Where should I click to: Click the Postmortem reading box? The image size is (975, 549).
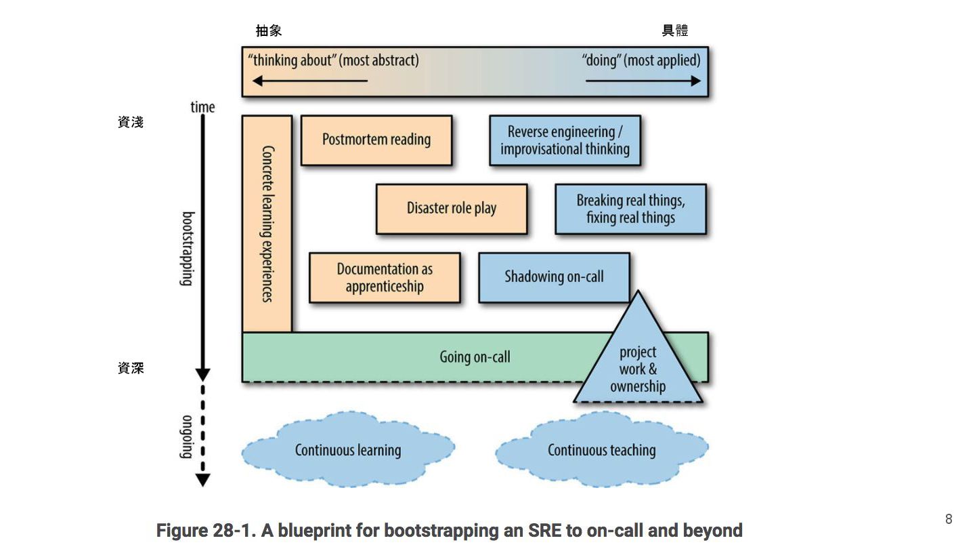(x=376, y=140)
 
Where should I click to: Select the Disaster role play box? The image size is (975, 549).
(x=452, y=209)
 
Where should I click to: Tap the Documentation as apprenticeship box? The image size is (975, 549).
(x=385, y=277)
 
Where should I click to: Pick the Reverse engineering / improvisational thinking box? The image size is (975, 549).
(x=565, y=140)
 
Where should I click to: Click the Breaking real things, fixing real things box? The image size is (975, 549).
(x=630, y=209)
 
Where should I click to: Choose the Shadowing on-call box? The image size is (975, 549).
(x=554, y=277)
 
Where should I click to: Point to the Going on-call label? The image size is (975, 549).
(x=475, y=357)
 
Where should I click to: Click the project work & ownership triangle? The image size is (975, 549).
(x=638, y=369)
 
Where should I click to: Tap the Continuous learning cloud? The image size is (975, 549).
(x=348, y=450)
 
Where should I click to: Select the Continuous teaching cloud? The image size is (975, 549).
(x=601, y=450)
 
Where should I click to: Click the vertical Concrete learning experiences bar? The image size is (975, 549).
(x=267, y=224)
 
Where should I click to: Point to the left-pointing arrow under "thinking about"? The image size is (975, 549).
(x=310, y=81)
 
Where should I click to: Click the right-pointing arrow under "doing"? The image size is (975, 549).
(x=643, y=81)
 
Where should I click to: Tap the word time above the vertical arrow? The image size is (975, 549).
(x=202, y=107)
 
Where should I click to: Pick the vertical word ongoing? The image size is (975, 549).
(x=188, y=436)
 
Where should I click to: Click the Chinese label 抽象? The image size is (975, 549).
(x=269, y=30)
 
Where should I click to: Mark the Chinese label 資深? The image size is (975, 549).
(x=131, y=368)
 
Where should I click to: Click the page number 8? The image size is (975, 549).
(x=949, y=519)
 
